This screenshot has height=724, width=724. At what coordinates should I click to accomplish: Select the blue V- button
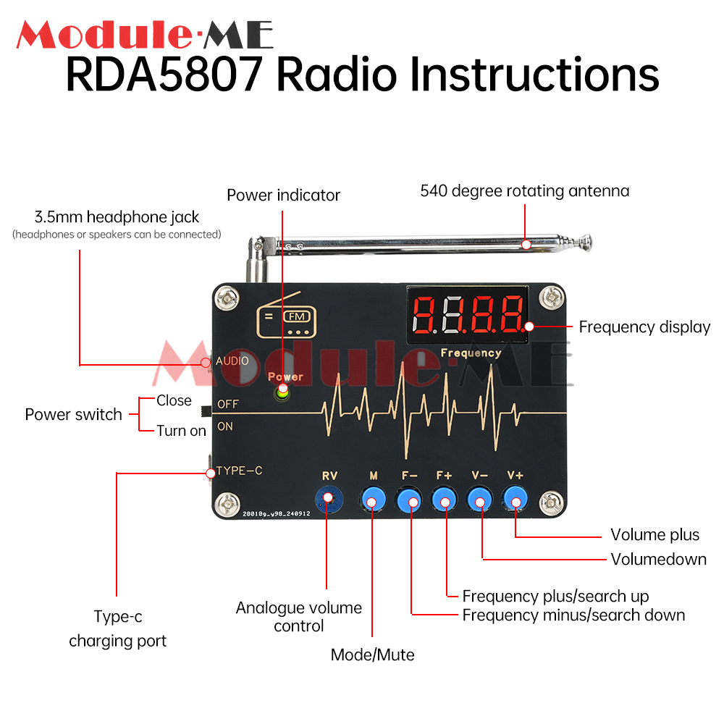click(x=479, y=498)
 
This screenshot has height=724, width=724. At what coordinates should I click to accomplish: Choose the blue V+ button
click(x=515, y=498)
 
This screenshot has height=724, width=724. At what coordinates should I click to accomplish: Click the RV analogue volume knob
click(x=327, y=498)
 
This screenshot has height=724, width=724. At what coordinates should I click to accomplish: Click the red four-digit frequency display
click(x=468, y=313)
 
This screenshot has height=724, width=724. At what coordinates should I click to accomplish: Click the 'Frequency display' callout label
click(x=644, y=327)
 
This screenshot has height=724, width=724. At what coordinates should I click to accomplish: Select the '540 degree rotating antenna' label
click(x=525, y=191)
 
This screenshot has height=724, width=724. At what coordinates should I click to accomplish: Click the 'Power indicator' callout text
click(x=283, y=195)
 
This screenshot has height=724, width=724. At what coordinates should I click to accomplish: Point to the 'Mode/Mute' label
click(x=372, y=655)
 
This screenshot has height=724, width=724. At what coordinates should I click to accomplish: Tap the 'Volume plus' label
click(x=654, y=535)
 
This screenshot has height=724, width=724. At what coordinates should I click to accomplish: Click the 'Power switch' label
click(x=73, y=415)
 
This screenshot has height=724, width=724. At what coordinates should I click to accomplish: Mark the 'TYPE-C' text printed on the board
click(x=239, y=471)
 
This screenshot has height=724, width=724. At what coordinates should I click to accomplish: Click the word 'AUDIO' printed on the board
click(x=232, y=361)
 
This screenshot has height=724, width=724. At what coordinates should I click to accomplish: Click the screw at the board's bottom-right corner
click(x=552, y=502)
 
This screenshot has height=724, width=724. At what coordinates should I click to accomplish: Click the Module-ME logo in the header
click(x=145, y=35)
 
